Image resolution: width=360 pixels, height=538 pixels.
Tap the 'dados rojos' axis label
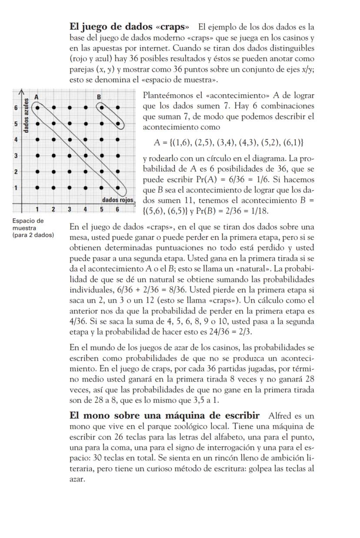[x=117, y=200]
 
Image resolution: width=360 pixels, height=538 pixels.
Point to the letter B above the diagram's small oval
[x=99, y=96]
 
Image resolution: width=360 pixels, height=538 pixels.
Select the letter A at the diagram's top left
[x=37, y=96]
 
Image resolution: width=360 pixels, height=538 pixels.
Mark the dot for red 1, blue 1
[x=38, y=188]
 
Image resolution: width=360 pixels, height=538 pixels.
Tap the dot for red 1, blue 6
[x=38, y=106]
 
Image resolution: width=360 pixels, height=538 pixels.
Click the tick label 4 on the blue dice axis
[x=15, y=139]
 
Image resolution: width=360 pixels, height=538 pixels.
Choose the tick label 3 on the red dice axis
[x=69, y=209]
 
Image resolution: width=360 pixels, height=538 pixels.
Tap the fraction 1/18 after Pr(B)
[x=260, y=212]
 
